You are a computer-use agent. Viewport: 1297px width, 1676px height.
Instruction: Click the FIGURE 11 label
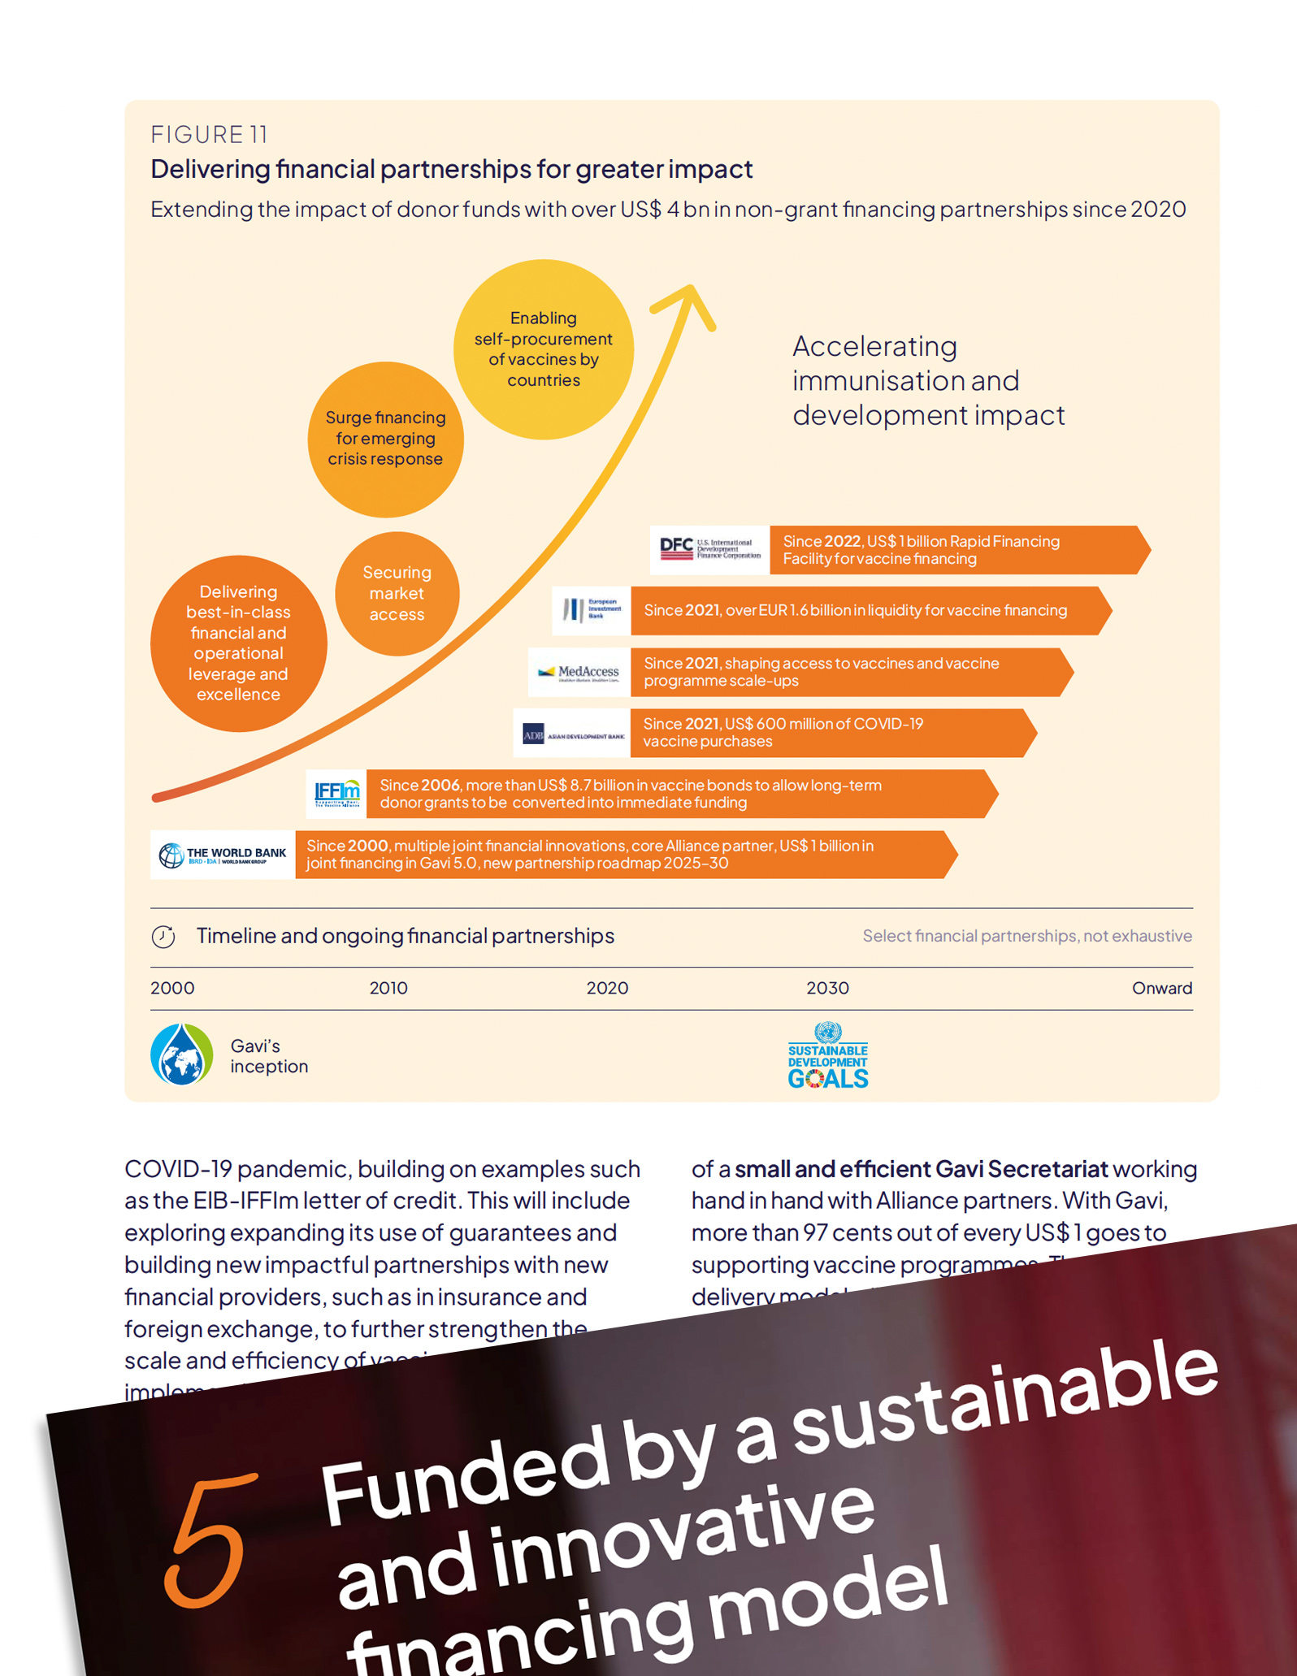point(209,134)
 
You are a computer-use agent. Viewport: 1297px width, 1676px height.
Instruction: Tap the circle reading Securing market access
point(397,594)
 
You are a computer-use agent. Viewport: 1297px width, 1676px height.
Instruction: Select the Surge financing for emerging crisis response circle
point(385,439)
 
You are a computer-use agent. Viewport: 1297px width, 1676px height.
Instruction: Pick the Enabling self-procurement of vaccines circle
point(543,349)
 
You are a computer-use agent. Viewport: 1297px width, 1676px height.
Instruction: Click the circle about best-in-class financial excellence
point(238,643)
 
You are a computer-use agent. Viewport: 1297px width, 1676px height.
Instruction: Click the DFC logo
point(709,550)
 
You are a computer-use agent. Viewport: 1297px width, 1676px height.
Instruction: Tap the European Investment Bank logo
point(592,610)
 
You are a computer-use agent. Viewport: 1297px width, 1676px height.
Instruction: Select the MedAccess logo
point(579,672)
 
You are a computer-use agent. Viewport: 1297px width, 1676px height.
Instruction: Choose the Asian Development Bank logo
point(573,734)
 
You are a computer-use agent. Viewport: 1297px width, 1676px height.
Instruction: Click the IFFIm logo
point(337,793)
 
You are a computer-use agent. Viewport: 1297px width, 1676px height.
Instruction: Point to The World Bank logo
point(223,855)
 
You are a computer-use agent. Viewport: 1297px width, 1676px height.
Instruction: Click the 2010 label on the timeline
point(388,988)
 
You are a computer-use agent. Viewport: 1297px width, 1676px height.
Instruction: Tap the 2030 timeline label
point(827,988)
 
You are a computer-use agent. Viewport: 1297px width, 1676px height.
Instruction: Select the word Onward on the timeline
point(1161,988)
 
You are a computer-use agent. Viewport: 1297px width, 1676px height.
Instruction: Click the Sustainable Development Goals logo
point(827,1056)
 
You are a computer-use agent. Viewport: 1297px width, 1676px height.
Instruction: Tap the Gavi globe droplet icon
point(182,1055)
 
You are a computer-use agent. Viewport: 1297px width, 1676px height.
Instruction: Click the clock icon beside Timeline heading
point(163,937)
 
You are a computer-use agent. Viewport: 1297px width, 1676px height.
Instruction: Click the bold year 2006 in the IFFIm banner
point(440,786)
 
